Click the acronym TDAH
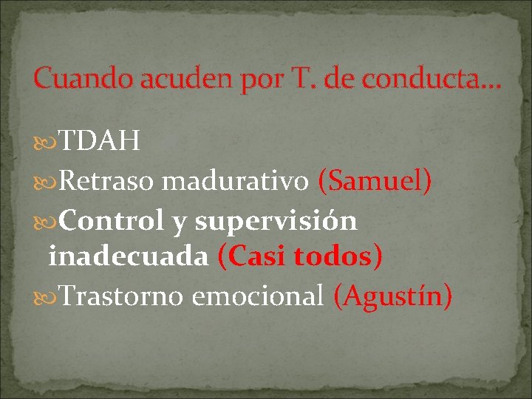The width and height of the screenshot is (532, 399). (x=100, y=140)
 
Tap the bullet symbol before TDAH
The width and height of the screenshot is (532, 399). (x=48, y=141)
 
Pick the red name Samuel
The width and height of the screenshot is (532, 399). (x=374, y=180)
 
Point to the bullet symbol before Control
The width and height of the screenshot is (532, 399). (x=48, y=220)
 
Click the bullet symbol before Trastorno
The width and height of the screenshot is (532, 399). (x=48, y=296)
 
